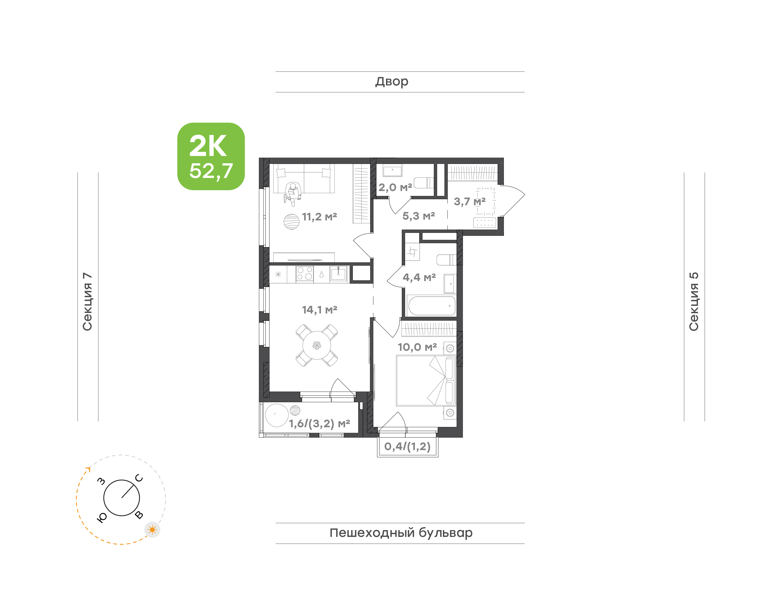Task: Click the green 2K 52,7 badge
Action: pyautogui.click(x=211, y=156)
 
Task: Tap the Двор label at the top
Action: pyautogui.click(x=392, y=82)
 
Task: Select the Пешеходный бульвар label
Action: pyautogui.click(x=401, y=533)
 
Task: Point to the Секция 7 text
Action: pyautogui.click(x=87, y=302)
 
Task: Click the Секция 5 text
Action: pyautogui.click(x=694, y=302)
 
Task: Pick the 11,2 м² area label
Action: pyautogui.click(x=319, y=217)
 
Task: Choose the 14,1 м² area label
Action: pyautogui.click(x=319, y=310)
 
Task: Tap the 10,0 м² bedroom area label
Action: pyautogui.click(x=417, y=347)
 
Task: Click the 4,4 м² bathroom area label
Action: pyautogui.click(x=419, y=277)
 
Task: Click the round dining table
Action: pyautogui.click(x=317, y=345)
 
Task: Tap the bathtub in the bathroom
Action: pyautogui.click(x=431, y=306)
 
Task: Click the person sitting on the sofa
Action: pyautogui.click(x=292, y=194)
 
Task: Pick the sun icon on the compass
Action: pyautogui.click(x=152, y=530)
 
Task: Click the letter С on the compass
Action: pyautogui.click(x=139, y=478)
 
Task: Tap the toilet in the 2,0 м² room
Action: pyautogui.click(x=424, y=183)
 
